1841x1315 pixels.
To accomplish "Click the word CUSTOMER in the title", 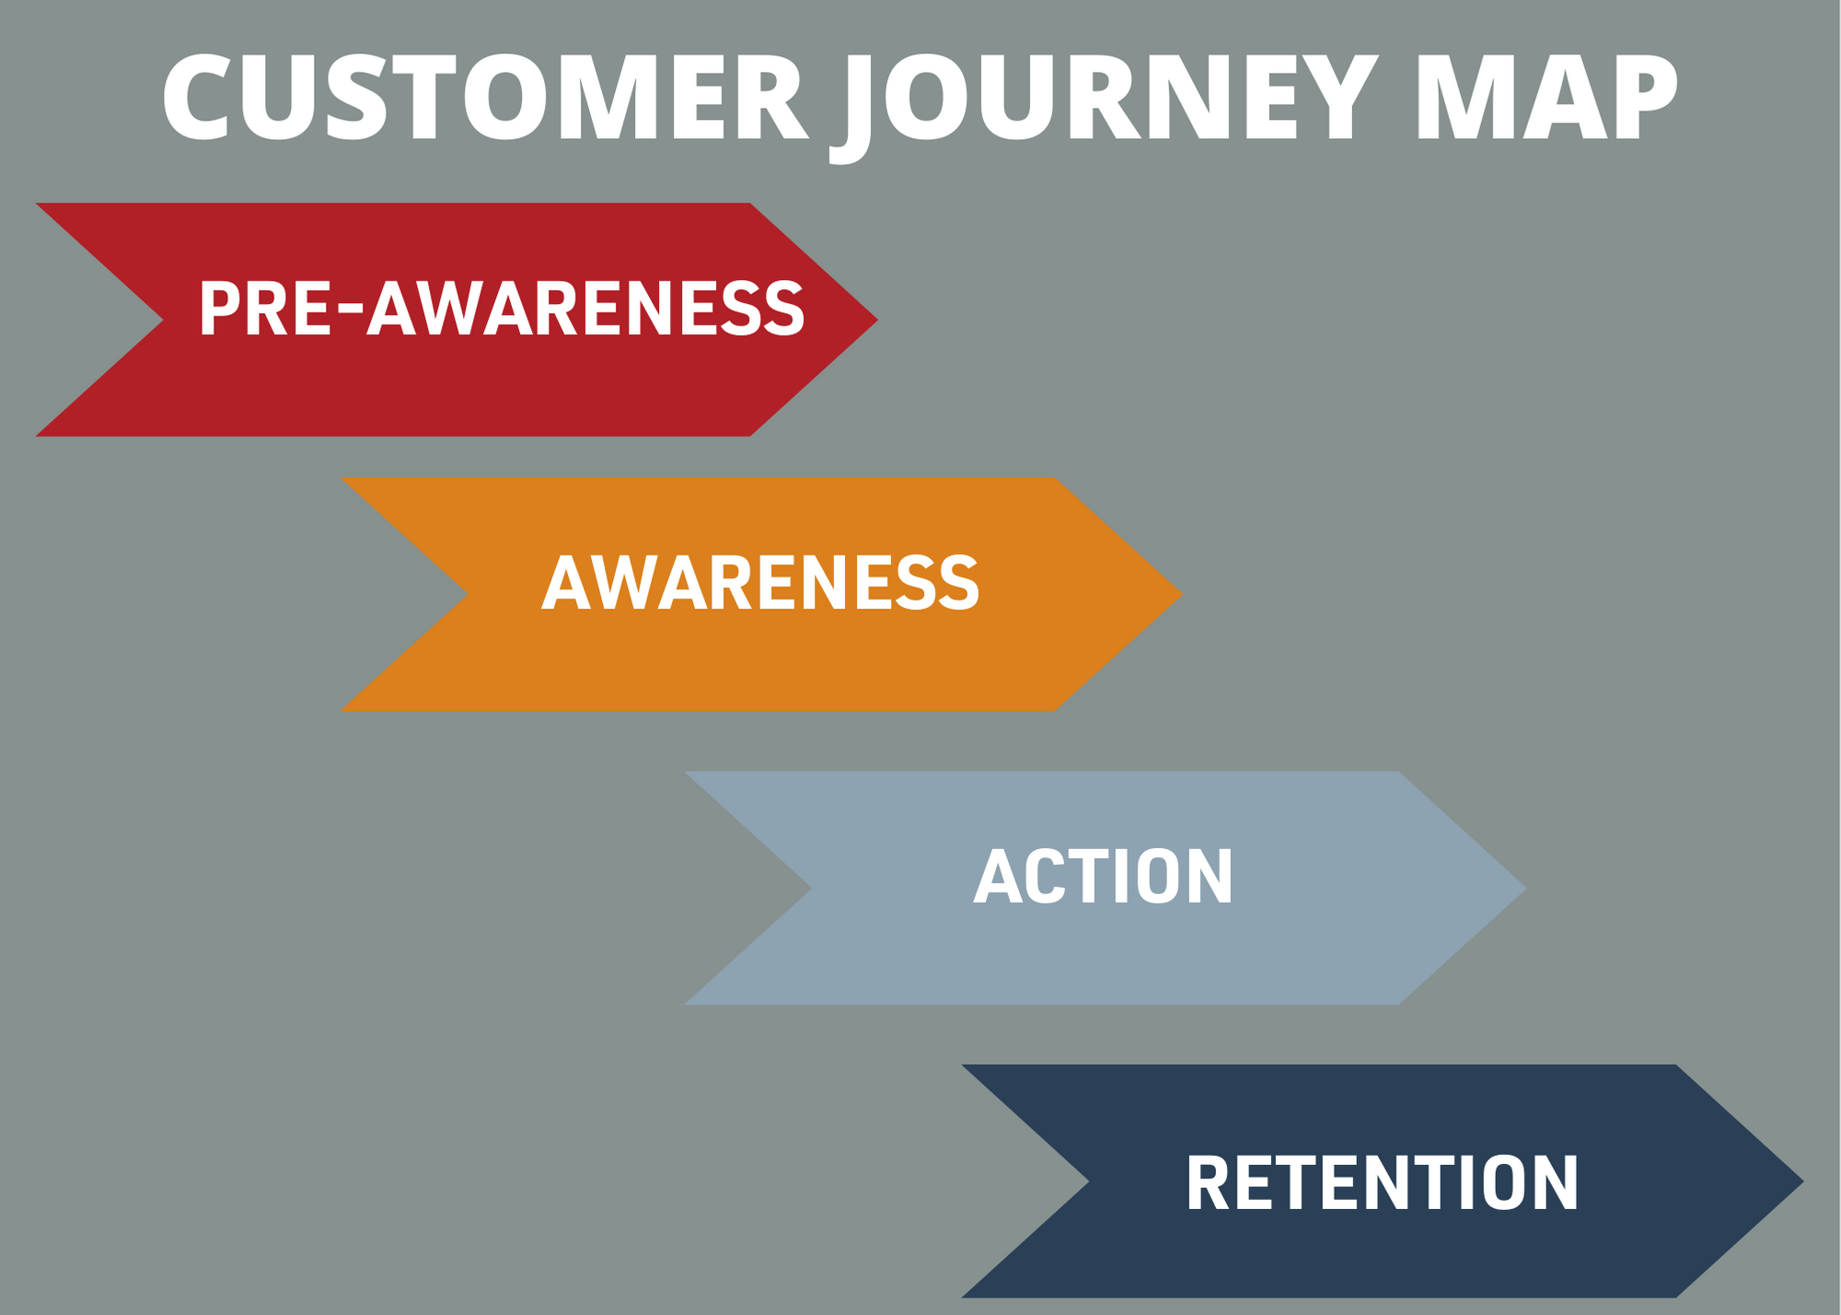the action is (x=485, y=98).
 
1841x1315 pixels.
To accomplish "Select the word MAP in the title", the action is (x=1546, y=98).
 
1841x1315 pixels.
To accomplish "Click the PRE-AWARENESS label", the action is (x=502, y=308).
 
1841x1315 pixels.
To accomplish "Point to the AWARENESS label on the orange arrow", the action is (x=760, y=583).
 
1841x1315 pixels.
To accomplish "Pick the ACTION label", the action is (x=1103, y=877).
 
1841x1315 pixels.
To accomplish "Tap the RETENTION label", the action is (x=1382, y=1182).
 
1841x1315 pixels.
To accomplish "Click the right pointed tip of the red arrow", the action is (x=877, y=320).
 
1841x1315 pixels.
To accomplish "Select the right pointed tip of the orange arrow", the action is (x=1183, y=594).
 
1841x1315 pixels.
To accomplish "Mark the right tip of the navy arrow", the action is (x=1803, y=1181).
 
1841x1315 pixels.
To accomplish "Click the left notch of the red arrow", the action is (x=163, y=320).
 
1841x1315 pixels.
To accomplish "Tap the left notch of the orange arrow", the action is (x=469, y=594).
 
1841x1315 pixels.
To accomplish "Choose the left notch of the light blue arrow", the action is (x=812, y=889).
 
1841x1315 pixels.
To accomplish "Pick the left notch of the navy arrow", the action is (x=1089, y=1181).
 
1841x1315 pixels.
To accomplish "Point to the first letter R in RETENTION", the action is (x=1209, y=1182).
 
